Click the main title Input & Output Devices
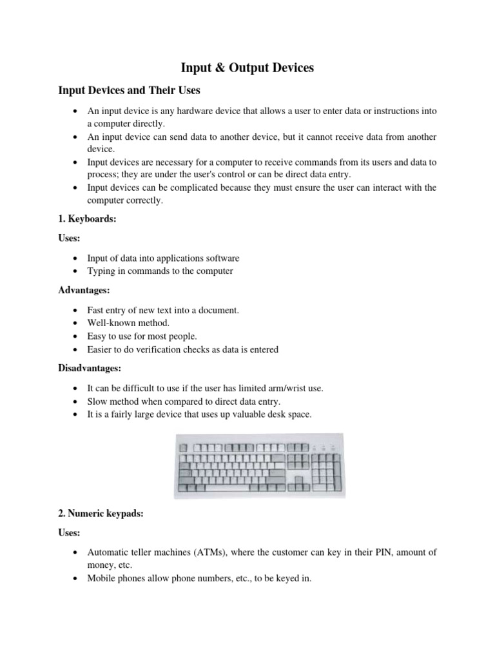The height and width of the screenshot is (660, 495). tap(247, 67)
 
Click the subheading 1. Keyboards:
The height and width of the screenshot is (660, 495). tap(87, 219)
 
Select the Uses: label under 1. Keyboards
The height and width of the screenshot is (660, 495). tap(70, 238)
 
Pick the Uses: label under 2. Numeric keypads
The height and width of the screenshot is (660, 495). tap(70, 534)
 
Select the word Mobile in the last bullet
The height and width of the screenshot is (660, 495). tap(101, 579)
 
